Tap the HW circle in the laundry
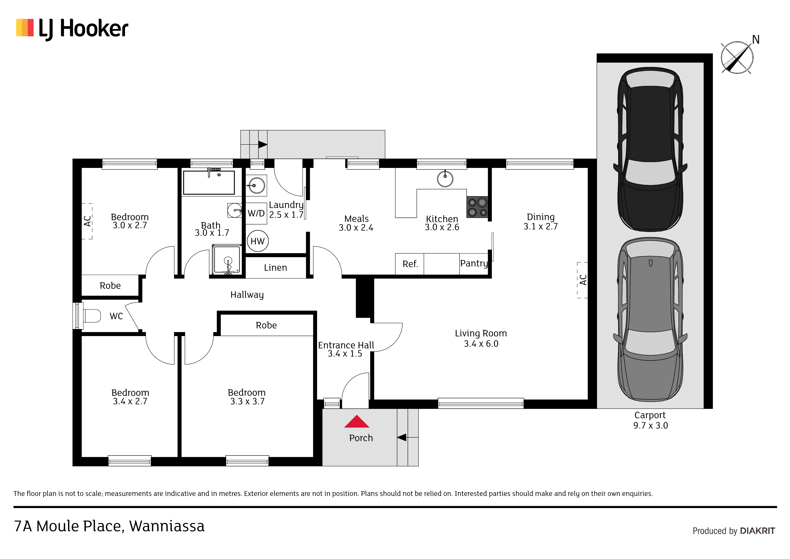pyautogui.click(x=258, y=241)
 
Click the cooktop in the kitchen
pyautogui.click(x=477, y=207)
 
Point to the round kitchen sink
pyautogui.click(x=445, y=179)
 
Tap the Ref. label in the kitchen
pyautogui.click(x=410, y=264)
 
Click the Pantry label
pyautogui.click(x=474, y=263)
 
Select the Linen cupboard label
pyautogui.click(x=275, y=268)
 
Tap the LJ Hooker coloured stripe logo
pyautogui.click(x=25, y=27)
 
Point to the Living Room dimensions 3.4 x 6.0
pyautogui.click(x=481, y=344)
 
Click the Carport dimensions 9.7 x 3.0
pyautogui.click(x=650, y=426)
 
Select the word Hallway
pyautogui.click(x=247, y=295)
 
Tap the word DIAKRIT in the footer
pyautogui.click(x=757, y=531)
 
